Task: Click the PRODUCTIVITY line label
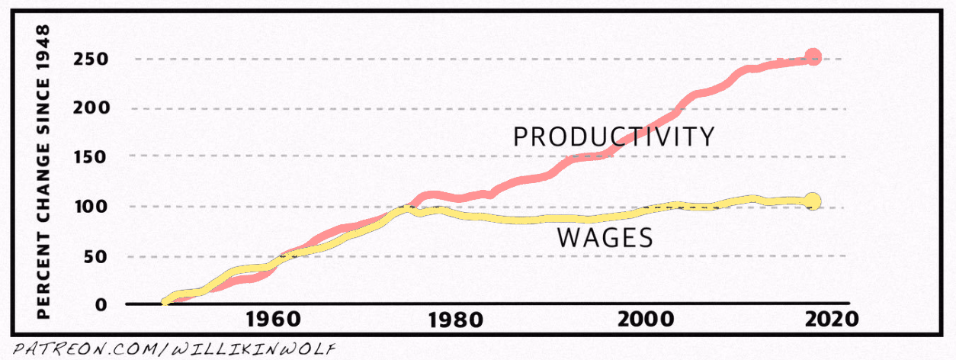(614, 137)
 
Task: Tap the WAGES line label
(605, 238)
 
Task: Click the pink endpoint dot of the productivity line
(813, 56)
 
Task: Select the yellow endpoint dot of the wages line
(813, 201)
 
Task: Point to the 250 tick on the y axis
(91, 59)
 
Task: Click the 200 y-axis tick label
(91, 108)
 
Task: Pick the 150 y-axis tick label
(91, 157)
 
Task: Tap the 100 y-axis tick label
(91, 207)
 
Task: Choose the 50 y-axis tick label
(96, 256)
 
